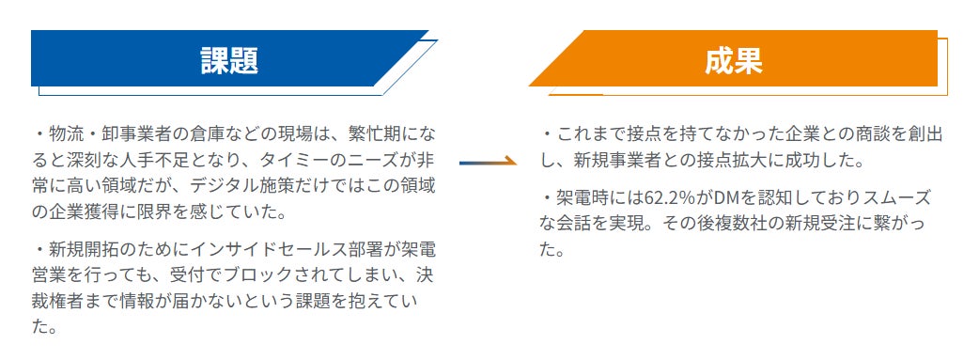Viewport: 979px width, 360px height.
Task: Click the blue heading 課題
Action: [229, 60]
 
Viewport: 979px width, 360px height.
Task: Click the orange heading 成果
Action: [734, 60]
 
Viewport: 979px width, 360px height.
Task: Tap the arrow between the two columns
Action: [489, 163]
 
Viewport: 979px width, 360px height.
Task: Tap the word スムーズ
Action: [897, 198]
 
